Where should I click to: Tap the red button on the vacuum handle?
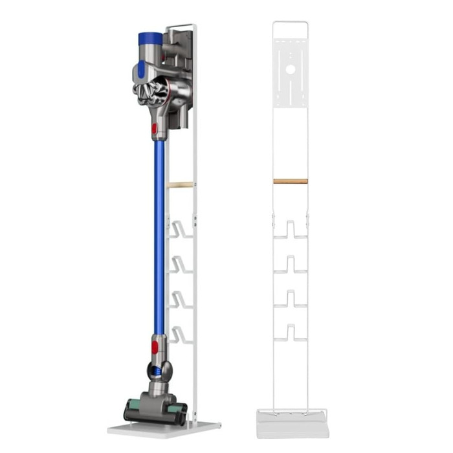click(x=154, y=128)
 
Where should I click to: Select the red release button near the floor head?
click(x=154, y=348)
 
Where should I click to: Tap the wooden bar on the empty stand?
click(x=290, y=181)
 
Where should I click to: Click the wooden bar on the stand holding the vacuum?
click(x=181, y=184)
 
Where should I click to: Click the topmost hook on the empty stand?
click(x=290, y=230)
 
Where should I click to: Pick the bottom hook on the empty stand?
click(x=290, y=333)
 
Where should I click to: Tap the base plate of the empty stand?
click(x=292, y=426)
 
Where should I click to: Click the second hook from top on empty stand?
click(x=290, y=264)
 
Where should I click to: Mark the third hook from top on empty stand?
click(x=290, y=298)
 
